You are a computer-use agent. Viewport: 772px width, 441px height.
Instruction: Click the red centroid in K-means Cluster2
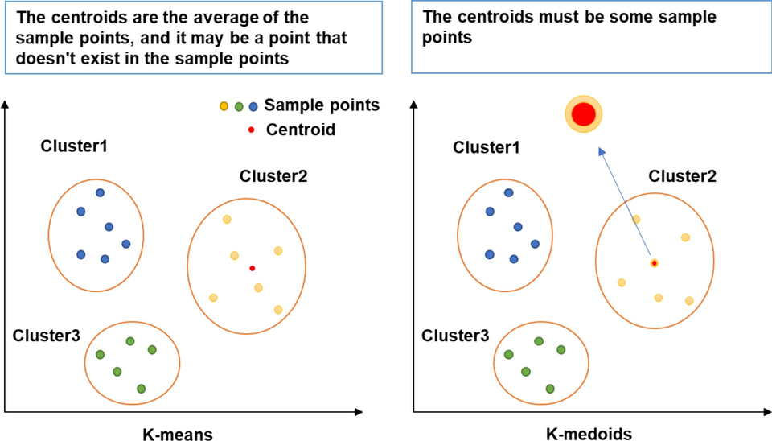[253, 268]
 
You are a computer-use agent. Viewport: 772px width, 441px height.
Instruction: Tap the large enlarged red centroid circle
[584, 115]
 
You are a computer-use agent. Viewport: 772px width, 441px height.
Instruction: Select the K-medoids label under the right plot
[589, 434]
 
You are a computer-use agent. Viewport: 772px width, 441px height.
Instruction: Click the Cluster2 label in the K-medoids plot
[682, 176]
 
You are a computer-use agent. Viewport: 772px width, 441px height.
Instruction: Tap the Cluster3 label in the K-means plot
[47, 333]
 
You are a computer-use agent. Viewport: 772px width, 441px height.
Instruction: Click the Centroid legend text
[300, 130]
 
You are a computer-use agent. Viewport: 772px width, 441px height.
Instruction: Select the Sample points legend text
[322, 105]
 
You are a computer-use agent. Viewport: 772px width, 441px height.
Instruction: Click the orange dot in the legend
[224, 106]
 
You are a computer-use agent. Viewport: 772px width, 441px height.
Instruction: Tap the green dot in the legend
[238, 106]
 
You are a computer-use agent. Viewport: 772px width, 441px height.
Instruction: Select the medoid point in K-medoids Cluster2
[655, 263]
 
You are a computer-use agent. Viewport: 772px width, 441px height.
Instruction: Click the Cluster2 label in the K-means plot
[273, 175]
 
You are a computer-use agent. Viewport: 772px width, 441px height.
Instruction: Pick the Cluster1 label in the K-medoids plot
[486, 147]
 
